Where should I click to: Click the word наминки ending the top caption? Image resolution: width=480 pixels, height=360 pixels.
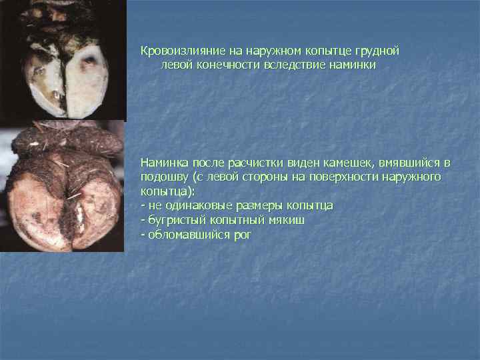tap(353, 65)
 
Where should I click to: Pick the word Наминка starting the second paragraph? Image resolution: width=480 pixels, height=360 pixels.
tap(164, 163)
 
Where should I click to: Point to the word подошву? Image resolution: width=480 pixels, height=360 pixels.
tap(163, 177)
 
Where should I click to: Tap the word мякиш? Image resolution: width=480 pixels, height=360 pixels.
tap(287, 220)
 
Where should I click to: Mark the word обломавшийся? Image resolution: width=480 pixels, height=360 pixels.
tap(183, 235)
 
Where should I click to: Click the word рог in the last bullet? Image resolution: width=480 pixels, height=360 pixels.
tap(239, 235)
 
